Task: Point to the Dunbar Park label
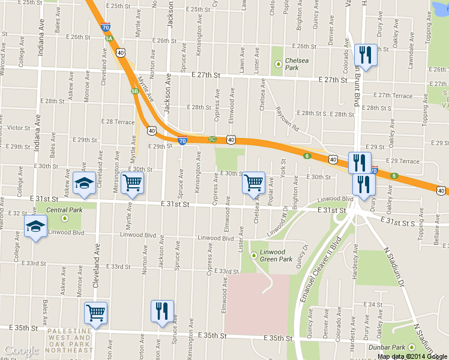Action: (x=390, y=347)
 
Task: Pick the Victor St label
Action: (x=19, y=128)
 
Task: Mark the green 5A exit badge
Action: (x=109, y=38)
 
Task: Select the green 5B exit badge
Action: (x=134, y=91)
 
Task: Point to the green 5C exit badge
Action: (x=212, y=139)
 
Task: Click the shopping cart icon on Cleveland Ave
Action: (x=95, y=312)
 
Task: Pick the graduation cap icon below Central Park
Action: (x=35, y=227)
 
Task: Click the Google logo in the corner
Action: (x=21, y=350)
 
